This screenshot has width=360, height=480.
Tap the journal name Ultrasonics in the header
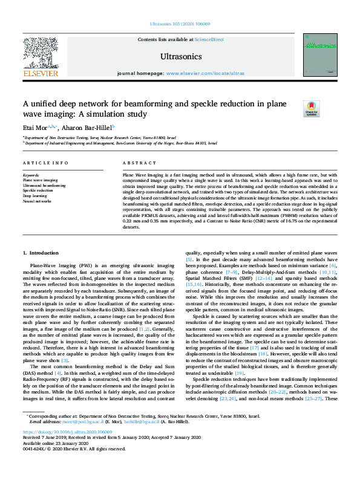(180, 56)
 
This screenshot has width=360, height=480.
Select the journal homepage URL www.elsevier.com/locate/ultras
(205, 73)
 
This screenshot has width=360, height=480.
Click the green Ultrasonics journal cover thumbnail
(320, 54)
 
